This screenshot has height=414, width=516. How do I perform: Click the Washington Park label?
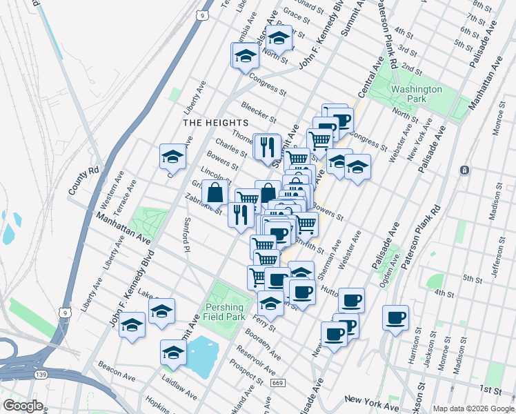tap(416, 94)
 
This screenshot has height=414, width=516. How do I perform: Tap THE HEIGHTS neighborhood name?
tap(215, 122)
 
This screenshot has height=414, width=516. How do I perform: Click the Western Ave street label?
tap(108, 195)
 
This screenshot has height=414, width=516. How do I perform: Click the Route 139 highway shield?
tap(40, 373)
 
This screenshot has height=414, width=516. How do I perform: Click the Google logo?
tap(23, 406)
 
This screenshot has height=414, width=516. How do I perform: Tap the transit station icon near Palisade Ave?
tap(466, 170)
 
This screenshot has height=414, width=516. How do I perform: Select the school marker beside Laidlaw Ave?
tap(173, 352)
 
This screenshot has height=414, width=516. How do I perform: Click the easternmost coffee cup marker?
tap(396, 317)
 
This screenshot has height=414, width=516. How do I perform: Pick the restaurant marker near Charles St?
tap(266, 146)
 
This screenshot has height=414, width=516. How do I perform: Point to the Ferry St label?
tap(264, 321)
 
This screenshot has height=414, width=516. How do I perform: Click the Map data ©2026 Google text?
tap(473, 408)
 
